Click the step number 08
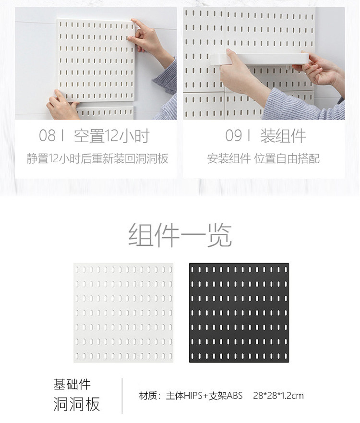(47, 135)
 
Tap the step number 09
(234, 135)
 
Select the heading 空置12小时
(112, 136)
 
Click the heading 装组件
(283, 136)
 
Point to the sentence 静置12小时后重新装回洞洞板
(97, 158)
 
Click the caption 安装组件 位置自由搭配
(264, 158)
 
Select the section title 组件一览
(180, 235)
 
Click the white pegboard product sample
(123, 313)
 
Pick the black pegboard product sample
(239, 313)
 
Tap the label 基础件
(72, 385)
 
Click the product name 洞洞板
(77, 404)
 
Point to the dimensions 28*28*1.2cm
(278, 396)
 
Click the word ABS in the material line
(235, 396)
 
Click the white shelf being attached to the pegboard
(259, 59)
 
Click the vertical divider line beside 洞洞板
(122, 396)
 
